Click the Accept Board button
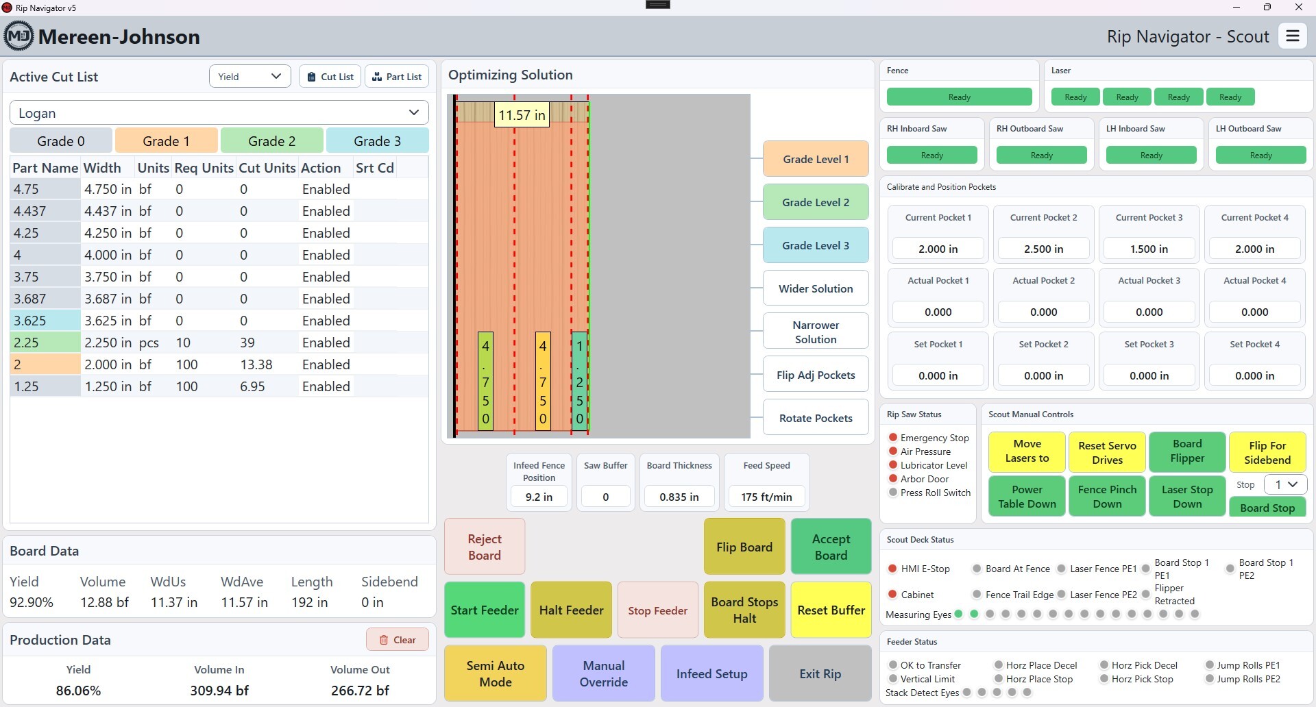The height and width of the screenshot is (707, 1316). pyautogui.click(x=831, y=547)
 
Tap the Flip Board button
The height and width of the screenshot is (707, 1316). pyautogui.click(x=744, y=547)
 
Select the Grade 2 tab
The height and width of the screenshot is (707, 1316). pyautogui.click(x=272, y=141)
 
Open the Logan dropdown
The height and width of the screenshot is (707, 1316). pyautogui.click(x=219, y=113)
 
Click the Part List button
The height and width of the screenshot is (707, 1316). pyautogui.click(x=397, y=77)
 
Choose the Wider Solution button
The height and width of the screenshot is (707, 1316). pyautogui.click(x=816, y=288)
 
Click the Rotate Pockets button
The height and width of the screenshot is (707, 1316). pyautogui.click(x=816, y=418)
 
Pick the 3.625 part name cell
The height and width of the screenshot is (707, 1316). pyautogui.click(x=45, y=321)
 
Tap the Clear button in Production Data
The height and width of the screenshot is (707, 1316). pyautogui.click(x=398, y=640)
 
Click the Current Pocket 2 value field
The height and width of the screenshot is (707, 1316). pyautogui.click(x=1043, y=249)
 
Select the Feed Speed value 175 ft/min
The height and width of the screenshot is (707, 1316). pyautogui.click(x=766, y=497)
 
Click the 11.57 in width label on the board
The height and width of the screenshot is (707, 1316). pyautogui.click(x=522, y=115)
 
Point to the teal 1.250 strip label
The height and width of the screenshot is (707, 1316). pyautogui.click(x=580, y=382)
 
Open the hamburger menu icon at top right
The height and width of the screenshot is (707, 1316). pyautogui.click(x=1293, y=36)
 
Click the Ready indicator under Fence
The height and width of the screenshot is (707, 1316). pyautogui.click(x=959, y=97)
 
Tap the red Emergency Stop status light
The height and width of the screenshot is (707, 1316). pyautogui.click(x=893, y=438)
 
